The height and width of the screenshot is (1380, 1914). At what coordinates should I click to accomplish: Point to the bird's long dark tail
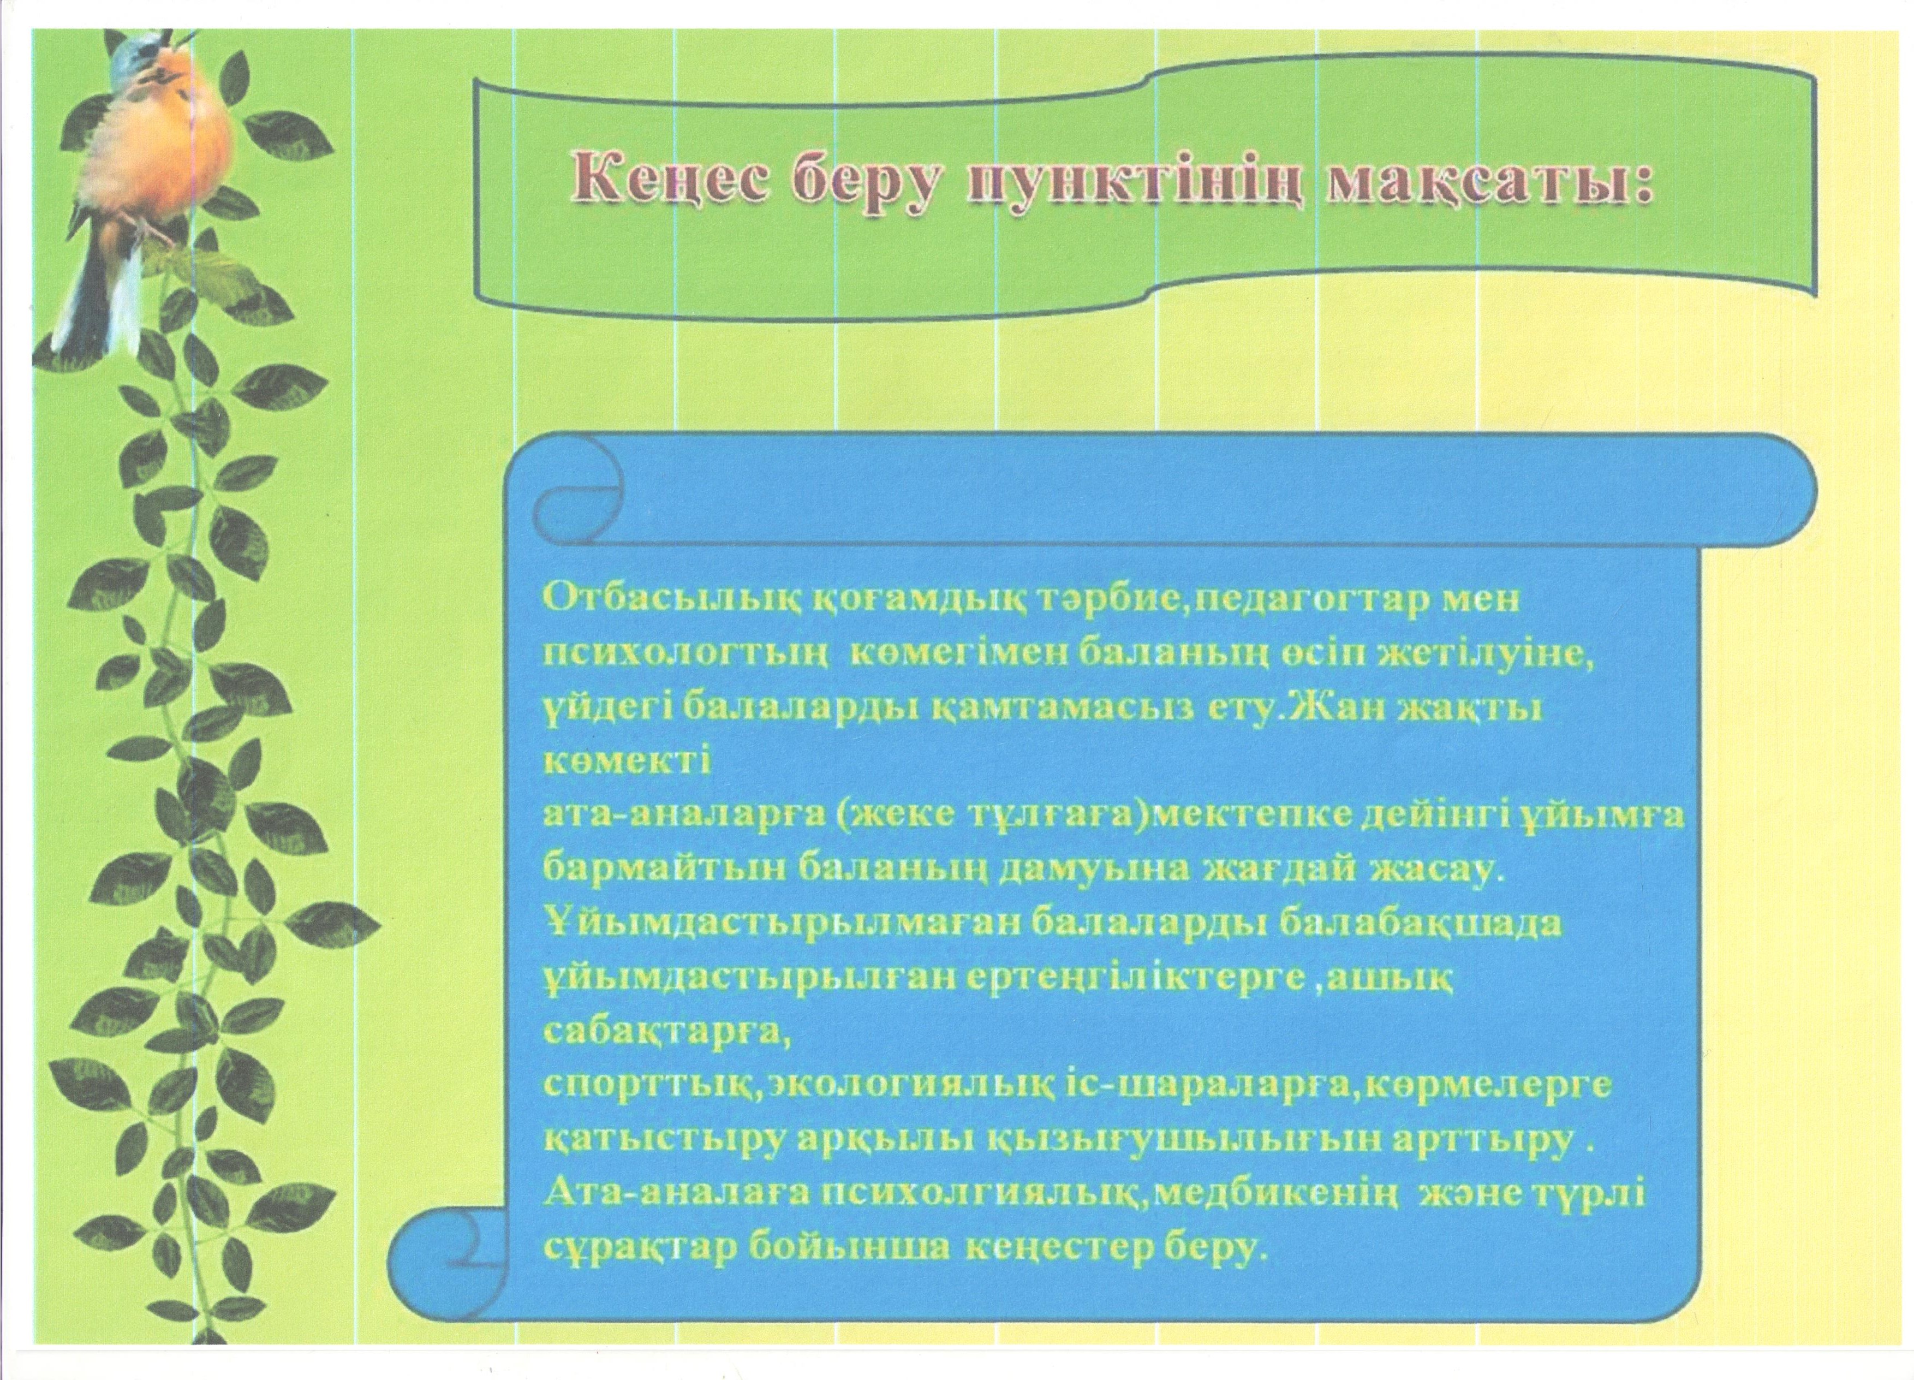[97, 295]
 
